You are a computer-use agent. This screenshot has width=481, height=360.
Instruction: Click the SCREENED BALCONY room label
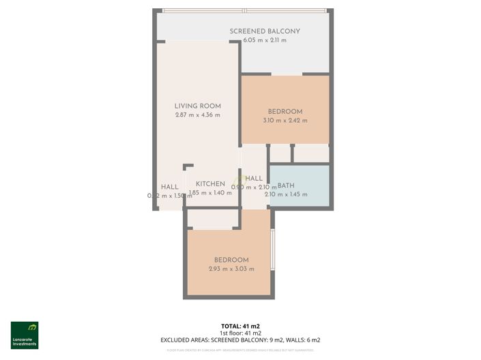(265, 31)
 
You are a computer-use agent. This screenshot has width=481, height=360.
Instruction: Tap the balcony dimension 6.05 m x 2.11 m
(265, 40)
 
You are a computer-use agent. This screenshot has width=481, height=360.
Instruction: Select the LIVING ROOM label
(198, 106)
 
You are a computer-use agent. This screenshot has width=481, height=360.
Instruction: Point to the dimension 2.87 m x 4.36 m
(198, 115)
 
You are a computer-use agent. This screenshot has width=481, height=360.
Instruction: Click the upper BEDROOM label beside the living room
(285, 111)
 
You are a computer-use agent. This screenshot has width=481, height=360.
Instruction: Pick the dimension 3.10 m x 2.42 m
(285, 121)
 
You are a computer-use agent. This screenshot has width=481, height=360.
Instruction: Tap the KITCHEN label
(211, 184)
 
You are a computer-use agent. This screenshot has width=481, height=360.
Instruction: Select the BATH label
(285, 185)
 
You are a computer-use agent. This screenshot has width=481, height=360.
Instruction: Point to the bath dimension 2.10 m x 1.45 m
(286, 195)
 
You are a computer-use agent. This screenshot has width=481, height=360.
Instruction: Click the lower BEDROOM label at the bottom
(231, 260)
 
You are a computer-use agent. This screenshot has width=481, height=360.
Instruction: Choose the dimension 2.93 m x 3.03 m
(231, 269)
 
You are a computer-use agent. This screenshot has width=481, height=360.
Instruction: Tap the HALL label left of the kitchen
(170, 187)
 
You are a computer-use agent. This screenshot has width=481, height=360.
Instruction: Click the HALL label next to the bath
(254, 179)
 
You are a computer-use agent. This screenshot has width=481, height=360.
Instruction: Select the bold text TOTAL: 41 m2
(240, 326)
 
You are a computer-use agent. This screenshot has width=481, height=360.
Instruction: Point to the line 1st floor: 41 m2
(240, 333)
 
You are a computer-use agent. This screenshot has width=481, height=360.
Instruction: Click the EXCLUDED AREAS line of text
(240, 340)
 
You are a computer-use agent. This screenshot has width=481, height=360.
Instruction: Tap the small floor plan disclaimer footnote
(240, 350)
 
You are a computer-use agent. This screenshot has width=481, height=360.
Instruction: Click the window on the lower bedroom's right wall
(272, 250)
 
